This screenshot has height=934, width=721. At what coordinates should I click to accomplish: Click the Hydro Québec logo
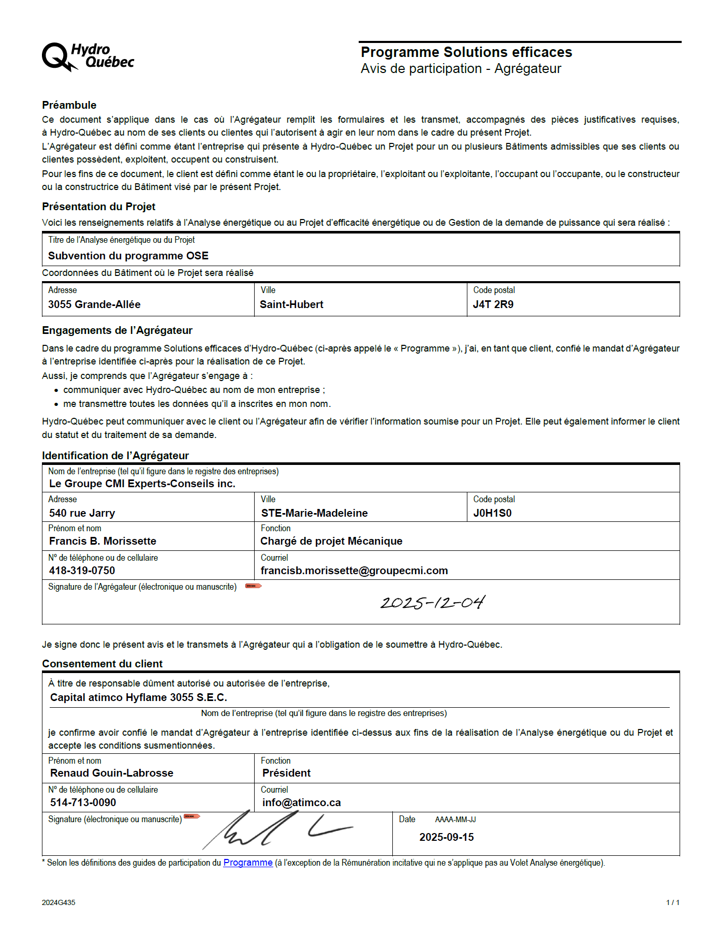(x=87, y=56)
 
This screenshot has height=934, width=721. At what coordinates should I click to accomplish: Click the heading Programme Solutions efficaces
(x=466, y=52)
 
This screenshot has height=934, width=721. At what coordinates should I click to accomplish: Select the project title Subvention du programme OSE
(x=128, y=256)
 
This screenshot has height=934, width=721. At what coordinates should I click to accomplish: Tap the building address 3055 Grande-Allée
(x=94, y=304)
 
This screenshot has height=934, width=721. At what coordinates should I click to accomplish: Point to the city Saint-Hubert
(x=291, y=304)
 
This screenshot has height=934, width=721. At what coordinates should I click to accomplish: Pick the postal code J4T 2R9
(x=493, y=304)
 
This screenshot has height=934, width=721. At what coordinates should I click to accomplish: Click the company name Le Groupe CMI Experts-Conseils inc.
(x=142, y=484)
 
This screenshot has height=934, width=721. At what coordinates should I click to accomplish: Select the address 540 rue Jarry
(x=82, y=513)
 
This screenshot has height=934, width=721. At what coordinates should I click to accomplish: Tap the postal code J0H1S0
(x=492, y=513)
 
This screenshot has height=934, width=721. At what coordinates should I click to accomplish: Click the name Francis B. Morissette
(x=102, y=541)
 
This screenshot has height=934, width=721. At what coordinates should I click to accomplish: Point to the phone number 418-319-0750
(x=82, y=571)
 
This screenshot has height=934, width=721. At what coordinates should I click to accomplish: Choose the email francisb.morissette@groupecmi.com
(x=354, y=571)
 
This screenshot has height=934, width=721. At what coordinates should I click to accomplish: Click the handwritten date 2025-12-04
(x=433, y=602)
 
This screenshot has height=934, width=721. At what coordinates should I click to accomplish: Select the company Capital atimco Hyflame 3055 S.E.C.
(x=139, y=697)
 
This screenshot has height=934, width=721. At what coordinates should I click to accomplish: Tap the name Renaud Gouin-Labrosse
(x=112, y=773)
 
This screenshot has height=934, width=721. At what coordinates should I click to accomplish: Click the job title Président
(x=286, y=773)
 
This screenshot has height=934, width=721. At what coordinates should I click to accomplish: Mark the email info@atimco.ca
(x=301, y=802)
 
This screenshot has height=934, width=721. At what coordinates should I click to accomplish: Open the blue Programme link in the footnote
(x=248, y=863)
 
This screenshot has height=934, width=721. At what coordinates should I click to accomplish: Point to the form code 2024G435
(x=58, y=902)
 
